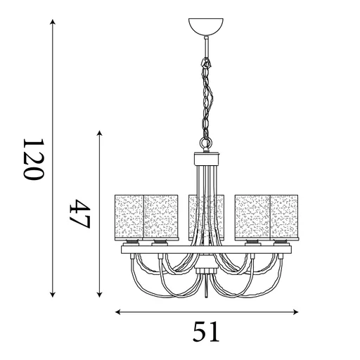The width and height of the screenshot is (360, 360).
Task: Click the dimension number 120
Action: point(34,159)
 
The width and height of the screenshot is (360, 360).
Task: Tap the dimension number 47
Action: point(79,214)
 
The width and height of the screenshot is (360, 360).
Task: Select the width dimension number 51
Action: point(206,332)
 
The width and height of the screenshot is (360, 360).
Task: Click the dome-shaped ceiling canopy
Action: point(206,27)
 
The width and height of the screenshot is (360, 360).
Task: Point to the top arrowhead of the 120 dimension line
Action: point(53,22)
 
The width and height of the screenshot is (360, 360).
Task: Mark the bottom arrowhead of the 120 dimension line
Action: point(53,295)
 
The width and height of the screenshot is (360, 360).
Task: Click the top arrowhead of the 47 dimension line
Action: point(100,133)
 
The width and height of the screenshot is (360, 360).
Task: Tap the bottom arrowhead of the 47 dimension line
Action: point(100,295)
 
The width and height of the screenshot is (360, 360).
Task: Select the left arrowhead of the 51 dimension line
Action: point(118,312)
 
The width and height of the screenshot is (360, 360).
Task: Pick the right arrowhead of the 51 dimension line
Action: point(295,312)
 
